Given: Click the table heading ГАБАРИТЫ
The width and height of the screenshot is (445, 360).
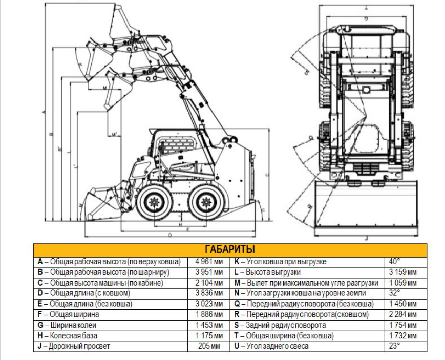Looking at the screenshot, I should coord(229,249).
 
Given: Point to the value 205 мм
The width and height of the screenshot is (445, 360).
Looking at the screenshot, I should coord(209,346).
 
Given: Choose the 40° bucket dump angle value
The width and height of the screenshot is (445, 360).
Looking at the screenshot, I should coord(395,261).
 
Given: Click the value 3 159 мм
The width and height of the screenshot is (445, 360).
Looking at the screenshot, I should coord(402,272).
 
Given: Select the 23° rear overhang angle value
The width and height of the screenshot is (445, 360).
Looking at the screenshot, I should coord(395,346).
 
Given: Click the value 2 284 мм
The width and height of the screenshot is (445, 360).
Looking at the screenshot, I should coord(402,314).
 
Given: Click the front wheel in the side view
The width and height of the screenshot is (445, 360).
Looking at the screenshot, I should coord(153,202).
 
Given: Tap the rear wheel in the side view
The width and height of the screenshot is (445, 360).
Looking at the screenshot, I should coord(206,202).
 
